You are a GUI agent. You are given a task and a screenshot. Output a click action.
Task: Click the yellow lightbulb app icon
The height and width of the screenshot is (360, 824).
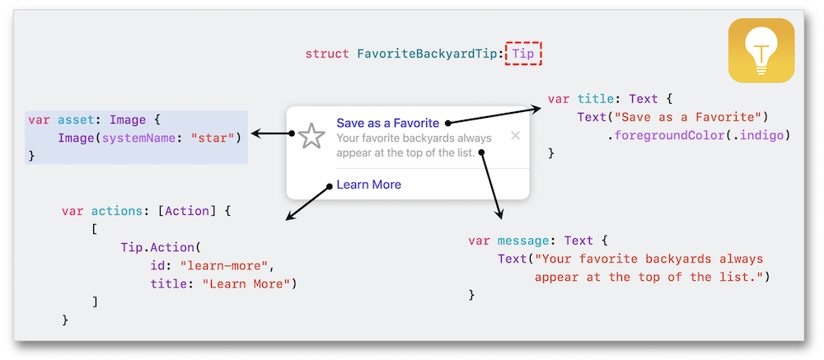761,50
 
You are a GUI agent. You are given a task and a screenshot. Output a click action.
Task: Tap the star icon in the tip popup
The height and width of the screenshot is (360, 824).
311,136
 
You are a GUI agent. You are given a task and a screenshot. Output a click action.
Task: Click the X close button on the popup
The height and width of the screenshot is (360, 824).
516,135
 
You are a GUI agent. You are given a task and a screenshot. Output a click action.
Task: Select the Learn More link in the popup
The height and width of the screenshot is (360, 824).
368,185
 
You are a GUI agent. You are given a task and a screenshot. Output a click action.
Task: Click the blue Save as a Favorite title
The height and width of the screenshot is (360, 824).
387,123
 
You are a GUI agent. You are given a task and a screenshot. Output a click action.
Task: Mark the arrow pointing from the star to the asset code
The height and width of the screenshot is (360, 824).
272,133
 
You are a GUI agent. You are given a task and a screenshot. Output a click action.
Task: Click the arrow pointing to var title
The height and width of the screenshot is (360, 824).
494,115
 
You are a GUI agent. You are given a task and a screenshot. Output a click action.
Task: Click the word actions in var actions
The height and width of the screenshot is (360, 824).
115,211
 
